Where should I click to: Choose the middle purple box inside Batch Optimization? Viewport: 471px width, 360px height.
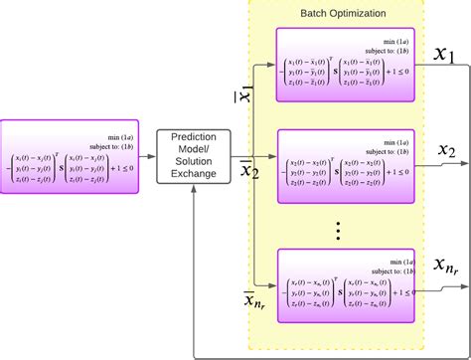pyautogui.click(x=343, y=163)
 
